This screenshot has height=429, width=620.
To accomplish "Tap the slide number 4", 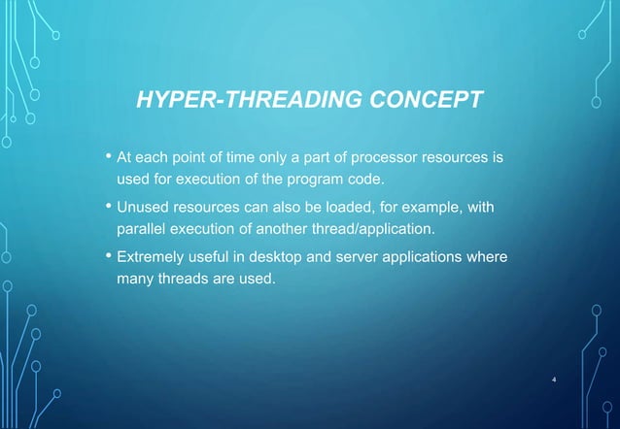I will (553, 379).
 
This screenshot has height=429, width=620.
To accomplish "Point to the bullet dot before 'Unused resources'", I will (107, 206).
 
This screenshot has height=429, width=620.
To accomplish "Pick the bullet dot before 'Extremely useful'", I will (107, 256).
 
